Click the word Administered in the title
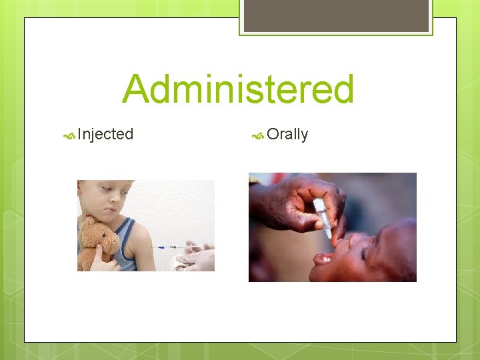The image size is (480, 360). [238, 90]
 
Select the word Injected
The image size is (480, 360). [105, 134]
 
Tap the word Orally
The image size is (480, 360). [287, 134]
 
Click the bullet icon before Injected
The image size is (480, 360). [69, 135]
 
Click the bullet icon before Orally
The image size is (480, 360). [258, 135]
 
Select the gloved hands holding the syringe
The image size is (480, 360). [195, 257]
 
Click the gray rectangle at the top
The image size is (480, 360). [336, 15]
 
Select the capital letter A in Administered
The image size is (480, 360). [137, 90]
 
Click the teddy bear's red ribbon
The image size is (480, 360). [90, 221]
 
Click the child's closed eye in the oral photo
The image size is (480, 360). [363, 251]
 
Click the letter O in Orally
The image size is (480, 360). [272, 134]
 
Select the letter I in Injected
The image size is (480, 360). [79, 134]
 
